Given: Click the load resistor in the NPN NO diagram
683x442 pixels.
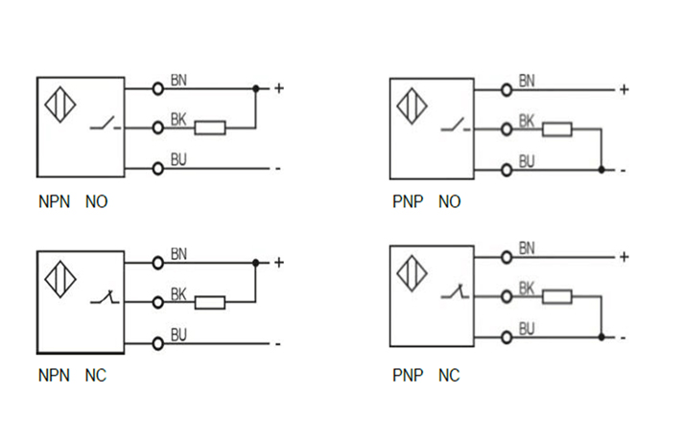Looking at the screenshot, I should pos(210,127).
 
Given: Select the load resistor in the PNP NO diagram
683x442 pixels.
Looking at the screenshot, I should pos(557,129).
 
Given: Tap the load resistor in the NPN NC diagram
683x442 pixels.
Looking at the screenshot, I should pos(210,303).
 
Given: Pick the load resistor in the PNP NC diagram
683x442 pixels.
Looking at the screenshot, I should pos(557,297).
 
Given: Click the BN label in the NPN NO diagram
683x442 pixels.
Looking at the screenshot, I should pos(178,80).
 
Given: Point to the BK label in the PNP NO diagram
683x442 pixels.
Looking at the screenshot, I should pos(527,121).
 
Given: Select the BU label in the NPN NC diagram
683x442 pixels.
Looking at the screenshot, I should pos(178,335).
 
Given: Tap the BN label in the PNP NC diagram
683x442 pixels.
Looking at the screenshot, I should pos(527,248).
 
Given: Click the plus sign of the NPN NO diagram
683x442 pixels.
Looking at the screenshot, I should pos(279,88).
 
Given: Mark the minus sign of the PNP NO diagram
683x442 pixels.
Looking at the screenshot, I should pos(623,171).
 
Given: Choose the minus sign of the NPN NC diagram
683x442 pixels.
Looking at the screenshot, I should pos(277,343).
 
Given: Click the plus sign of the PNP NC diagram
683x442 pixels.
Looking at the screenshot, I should pos(624,257).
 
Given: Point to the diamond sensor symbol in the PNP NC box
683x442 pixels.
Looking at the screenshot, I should pos(412,274).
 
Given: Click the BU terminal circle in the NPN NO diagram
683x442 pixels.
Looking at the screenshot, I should pos(158,168).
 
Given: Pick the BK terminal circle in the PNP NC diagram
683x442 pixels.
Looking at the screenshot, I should pos(506,297).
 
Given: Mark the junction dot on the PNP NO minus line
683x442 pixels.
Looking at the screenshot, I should pos(601,170).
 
